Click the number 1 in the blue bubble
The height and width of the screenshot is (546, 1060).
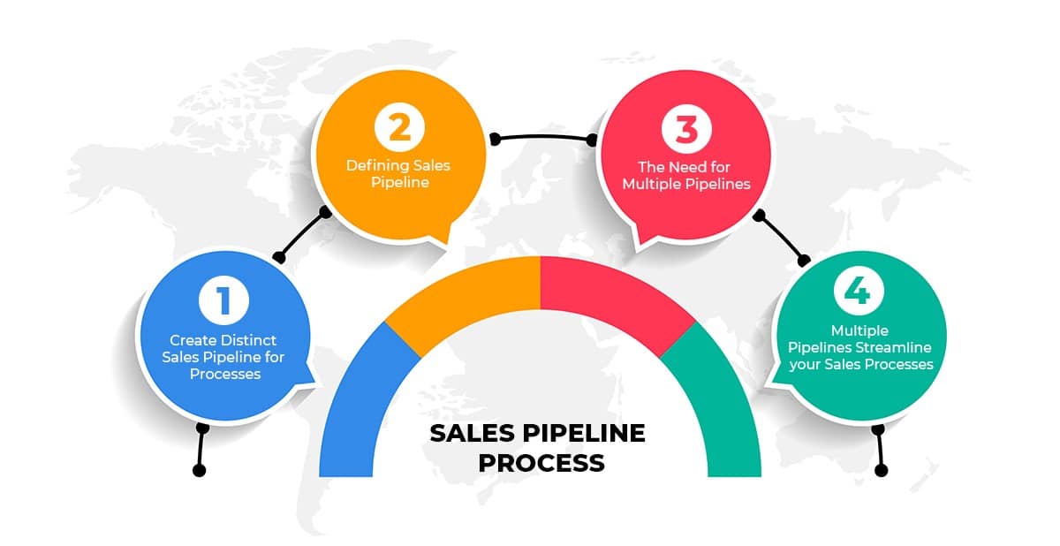[x=223, y=300]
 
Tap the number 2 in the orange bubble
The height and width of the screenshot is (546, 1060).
[x=399, y=127]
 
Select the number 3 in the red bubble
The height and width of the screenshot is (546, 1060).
[x=686, y=129]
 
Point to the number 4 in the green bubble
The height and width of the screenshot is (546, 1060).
[x=858, y=290]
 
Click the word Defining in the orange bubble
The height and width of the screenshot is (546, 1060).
[x=378, y=166]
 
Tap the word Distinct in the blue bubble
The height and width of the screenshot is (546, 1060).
[x=249, y=340]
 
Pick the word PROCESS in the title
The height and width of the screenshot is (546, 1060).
[x=541, y=463]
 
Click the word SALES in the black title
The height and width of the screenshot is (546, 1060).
[x=472, y=433]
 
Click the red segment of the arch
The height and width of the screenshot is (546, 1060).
[x=615, y=298]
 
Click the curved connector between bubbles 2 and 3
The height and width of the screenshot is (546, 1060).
[x=543, y=137]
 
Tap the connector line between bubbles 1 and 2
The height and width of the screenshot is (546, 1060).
[x=303, y=235]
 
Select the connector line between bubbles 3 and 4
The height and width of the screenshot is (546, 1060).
[x=781, y=238]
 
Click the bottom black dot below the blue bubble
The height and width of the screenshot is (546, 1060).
[x=200, y=470]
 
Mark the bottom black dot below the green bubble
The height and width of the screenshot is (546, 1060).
[x=882, y=470]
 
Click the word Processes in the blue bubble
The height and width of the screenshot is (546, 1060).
[x=225, y=375]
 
